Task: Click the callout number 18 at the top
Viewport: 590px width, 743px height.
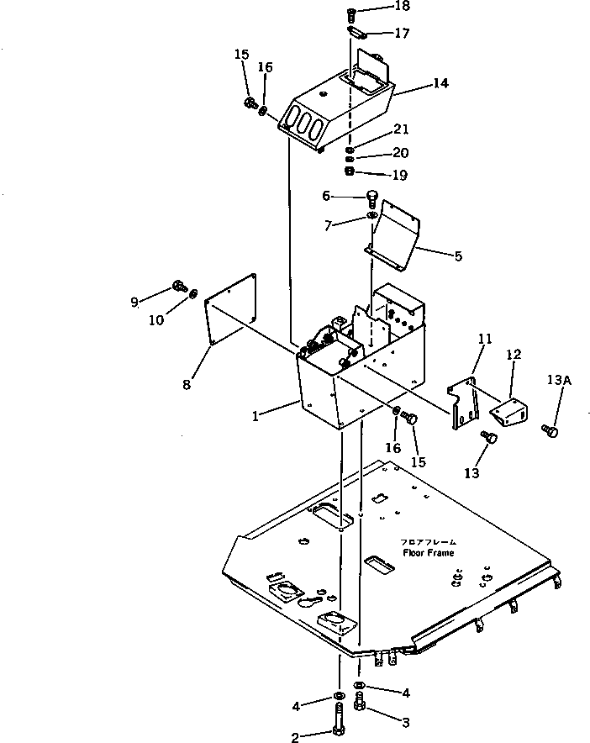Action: (x=402, y=6)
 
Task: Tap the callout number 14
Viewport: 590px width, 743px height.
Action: (x=440, y=83)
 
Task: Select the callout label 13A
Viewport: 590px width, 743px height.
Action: (x=559, y=380)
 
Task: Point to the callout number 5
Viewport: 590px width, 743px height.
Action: (x=458, y=256)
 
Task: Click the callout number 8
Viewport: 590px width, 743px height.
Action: (x=187, y=384)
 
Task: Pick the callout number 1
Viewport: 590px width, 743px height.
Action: (x=255, y=416)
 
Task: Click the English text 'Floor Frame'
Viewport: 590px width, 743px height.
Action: (x=429, y=552)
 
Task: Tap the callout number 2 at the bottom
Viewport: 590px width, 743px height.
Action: (x=295, y=737)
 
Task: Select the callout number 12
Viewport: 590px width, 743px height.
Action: (x=514, y=355)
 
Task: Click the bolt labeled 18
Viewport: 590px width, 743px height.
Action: (x=351, y=16)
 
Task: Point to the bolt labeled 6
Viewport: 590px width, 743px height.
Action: (x=372, y=199)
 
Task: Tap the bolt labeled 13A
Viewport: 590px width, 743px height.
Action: (x=550, y=430)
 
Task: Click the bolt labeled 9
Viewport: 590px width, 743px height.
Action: (x=179, y=286)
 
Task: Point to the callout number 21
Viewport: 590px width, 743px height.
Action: (x=401, y=129)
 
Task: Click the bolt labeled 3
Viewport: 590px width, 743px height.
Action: (x=359, y=703)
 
